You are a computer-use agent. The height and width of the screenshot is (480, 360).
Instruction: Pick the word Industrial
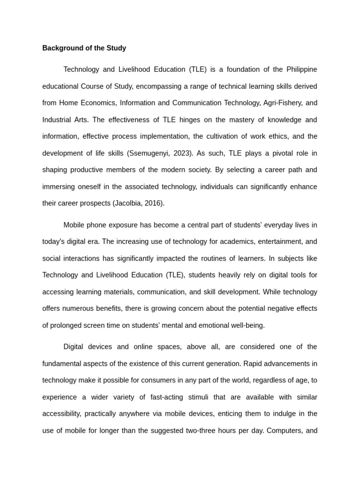pos(57,120)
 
